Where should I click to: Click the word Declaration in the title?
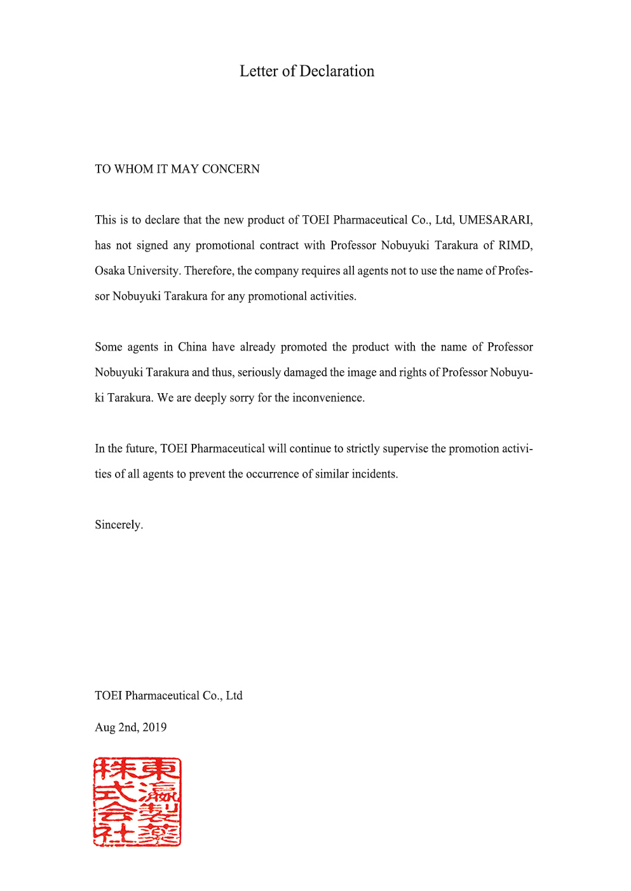[x=337, y=71]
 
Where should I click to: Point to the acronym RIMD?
[x=515, y=245]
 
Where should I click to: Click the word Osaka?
[x=110, y=271]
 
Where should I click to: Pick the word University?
[x=154, y=271]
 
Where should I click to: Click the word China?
[x=192, y=347]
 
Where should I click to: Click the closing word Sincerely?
[x=118, y=525]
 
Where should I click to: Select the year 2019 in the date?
[x=154, y=727]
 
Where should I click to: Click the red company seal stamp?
[x=137, y=801]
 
